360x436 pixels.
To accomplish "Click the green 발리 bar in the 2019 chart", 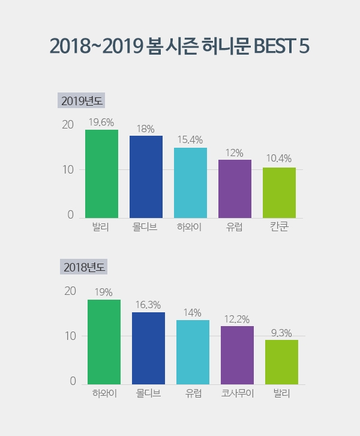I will coord(101,174).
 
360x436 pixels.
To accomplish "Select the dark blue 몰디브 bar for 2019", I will coord(146,177).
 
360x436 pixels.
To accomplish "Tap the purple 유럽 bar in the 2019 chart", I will coord(235,189).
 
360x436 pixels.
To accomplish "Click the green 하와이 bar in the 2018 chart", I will coord(104,342).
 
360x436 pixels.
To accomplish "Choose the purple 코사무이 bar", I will coord(237,355).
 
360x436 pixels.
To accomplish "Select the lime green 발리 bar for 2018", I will coord(281,362).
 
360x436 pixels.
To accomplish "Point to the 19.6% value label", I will coord(101,122).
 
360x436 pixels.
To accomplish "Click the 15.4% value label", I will coord(190,140).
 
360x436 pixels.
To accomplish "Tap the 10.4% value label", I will coord(279,159).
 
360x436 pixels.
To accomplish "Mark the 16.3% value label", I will coord(148,304).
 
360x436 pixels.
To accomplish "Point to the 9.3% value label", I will coord(281,332).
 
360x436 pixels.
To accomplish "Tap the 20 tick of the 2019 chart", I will coord(67,125).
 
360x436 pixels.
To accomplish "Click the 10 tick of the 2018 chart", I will coord(70,336).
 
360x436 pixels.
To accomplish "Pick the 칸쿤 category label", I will coord(279,228).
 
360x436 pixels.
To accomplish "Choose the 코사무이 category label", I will coord(237,394).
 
